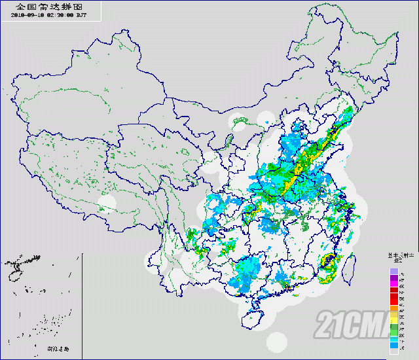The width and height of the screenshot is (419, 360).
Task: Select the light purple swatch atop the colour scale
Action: click(x=393, y=270)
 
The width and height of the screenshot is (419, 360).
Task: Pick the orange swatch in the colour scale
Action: click(x=393, y=308)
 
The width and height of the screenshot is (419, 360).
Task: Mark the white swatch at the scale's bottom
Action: click(x=393, y=352)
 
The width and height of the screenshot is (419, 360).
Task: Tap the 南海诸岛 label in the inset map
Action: click(x=57, y=348)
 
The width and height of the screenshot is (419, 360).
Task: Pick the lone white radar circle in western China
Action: click(x=107, y=203)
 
